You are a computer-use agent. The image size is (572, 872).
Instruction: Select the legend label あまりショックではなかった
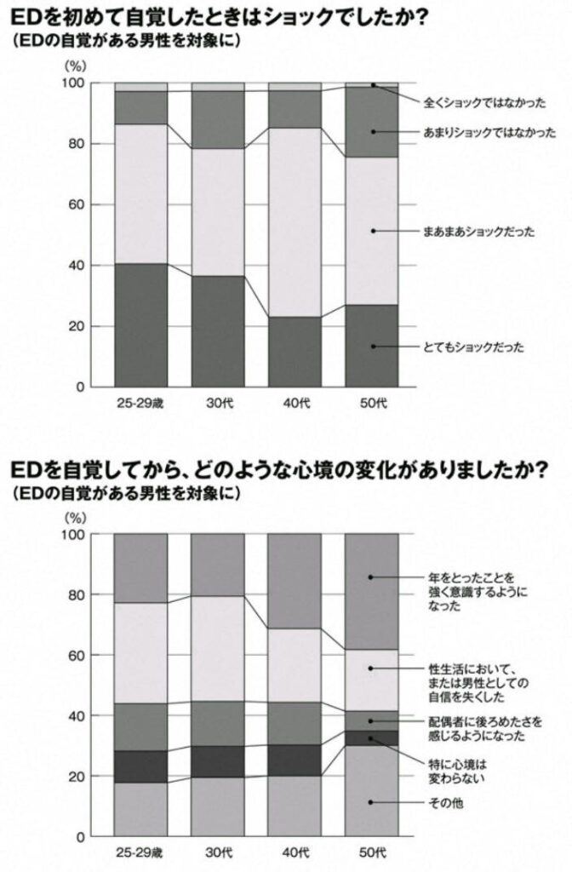[x=489, y=132]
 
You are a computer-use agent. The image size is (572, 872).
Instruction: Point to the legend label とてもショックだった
[x=473, y=347]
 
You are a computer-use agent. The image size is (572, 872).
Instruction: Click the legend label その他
[x=446, y=802]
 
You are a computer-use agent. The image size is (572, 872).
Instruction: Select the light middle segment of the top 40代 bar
[x=295, y=221]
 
